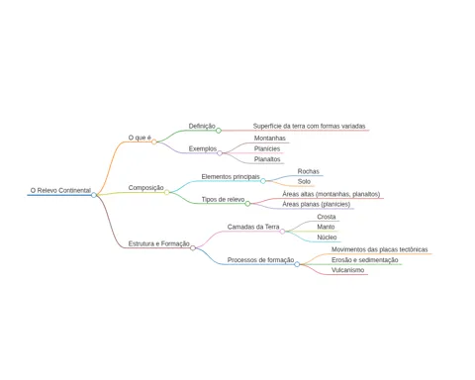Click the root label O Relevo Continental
60,190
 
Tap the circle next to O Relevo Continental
94,195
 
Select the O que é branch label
140,138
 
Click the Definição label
202,126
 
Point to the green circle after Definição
219,131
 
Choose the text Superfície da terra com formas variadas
309,126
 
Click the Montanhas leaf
269,139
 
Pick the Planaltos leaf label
267,159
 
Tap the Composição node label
145,188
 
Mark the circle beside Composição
167,192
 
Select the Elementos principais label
231,177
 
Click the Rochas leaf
309,171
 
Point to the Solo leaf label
304,181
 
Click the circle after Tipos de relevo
247,204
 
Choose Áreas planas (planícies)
317,204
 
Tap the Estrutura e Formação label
159,243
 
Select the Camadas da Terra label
253,227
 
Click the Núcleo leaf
327,237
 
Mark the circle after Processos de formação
297,264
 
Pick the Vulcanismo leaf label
348,270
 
